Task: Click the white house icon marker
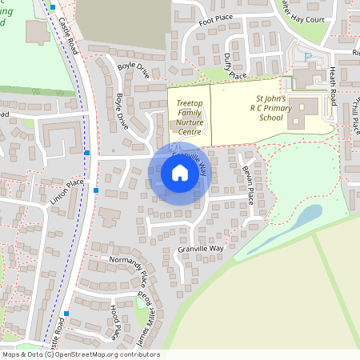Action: click(x=180, y=173)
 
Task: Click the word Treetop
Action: click(x=189, y=94)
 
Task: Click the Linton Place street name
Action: click(x=65, y=194)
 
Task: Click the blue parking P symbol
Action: click(x=308, y=56)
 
